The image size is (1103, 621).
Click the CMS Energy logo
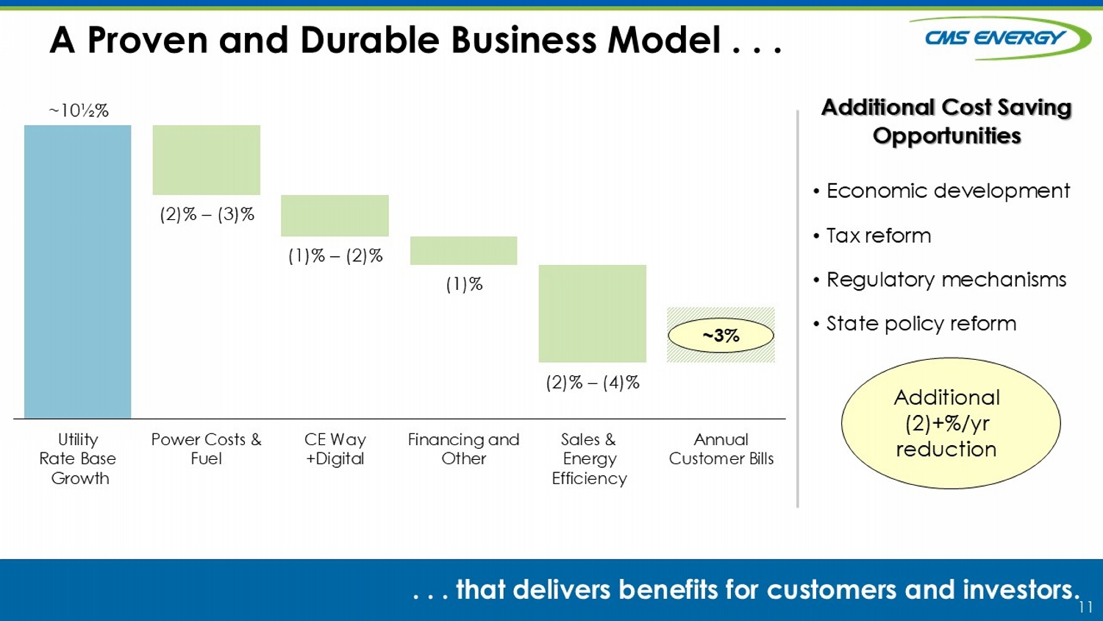[999, 38]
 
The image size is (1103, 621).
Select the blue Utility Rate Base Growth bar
[78, 272]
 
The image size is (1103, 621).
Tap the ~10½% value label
[79, 110]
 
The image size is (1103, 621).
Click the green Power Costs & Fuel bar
[207, 160]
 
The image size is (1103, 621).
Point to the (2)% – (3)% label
[207, 214]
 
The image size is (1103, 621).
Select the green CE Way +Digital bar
[335, 216]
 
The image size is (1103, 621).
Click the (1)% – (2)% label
[335, 256]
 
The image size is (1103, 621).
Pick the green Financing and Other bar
[464, 250]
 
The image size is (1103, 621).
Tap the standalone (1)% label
[464, 284]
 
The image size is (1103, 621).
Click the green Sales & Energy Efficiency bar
[593, 313]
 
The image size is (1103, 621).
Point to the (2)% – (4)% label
[593, 383]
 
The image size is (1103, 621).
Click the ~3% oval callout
[721, 336]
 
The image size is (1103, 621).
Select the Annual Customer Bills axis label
[721, 449]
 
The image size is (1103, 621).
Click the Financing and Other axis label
[464, 449]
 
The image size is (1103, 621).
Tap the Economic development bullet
[941, 191]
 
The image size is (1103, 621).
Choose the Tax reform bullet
[872, 235]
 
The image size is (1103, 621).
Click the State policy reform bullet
[915, 324]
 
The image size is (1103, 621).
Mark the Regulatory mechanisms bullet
[940, 280]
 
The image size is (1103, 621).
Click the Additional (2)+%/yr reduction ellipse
[951, 423]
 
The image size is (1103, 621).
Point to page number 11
[1086, 607]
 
